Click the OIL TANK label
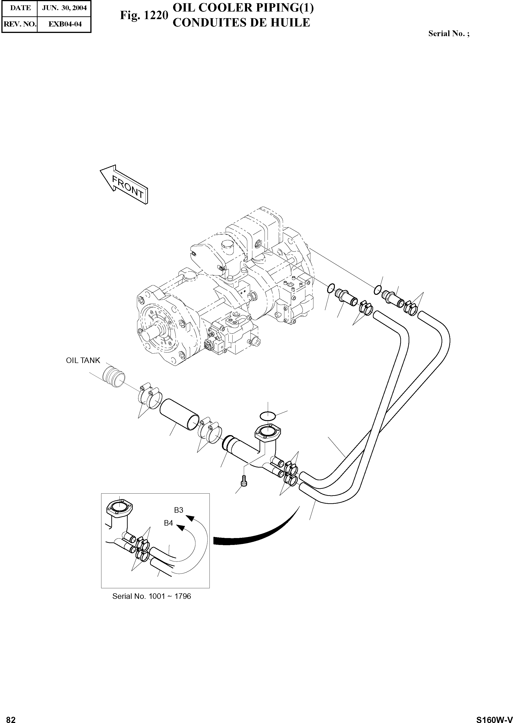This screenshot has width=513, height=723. tap(83, 360)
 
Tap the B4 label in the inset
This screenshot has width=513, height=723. tap(168, 523)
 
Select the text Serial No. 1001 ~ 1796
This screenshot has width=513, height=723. tap(152, 596)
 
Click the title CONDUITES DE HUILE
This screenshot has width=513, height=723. tap(242, 23)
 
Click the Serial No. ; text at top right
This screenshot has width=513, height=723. tap(448, 33)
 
